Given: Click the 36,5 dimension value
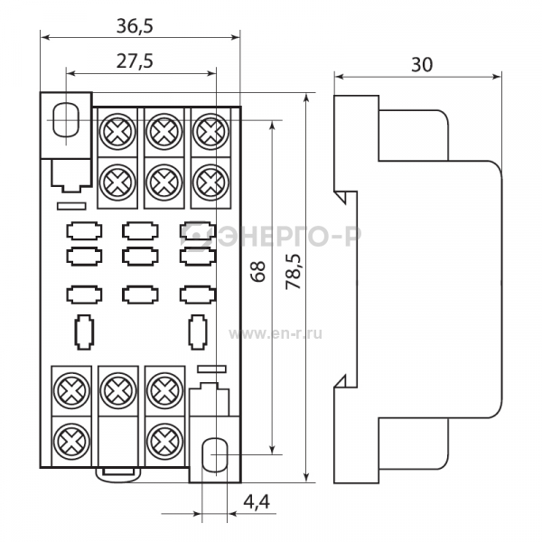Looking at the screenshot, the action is [x=135, y=26].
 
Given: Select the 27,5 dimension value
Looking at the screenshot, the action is [x=135, y=61].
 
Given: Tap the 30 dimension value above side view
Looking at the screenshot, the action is [x=422, y=65].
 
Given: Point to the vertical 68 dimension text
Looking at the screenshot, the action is [x=258, y=271].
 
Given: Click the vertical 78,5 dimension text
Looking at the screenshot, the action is [x=294, y=271].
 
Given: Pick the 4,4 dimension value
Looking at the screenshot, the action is [x=257, y=501].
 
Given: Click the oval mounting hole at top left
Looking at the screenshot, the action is [x=66, y=119].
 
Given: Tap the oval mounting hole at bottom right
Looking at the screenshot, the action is [x=215, y=455].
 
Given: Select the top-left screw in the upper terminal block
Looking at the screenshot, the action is [x=117, y=132].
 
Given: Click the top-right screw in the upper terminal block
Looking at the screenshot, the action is [x=210, y=132].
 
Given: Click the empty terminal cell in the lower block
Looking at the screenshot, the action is [x=118, y=441].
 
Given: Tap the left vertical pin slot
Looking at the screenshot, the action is [x=84, y=332].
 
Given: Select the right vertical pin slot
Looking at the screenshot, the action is [x=197, y=332].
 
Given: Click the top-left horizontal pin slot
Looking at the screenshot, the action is [x=84, y=231].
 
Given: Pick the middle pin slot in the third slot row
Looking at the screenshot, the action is [x=140, y=294].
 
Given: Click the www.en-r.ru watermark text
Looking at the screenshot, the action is [x=276, y=334].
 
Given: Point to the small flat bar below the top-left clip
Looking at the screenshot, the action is [x=71, y=206].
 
